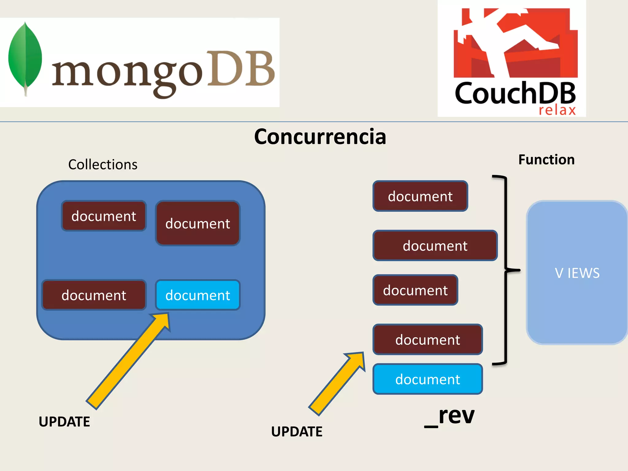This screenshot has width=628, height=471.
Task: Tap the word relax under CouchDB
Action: [557, 110]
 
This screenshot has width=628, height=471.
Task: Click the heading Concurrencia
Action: [320, 137]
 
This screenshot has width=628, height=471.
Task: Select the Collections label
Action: [103, 165]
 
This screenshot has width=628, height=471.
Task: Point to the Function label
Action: [546, 160]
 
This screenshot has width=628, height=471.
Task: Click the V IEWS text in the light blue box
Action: [577, 273]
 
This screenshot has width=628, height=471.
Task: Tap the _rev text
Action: [450, 416]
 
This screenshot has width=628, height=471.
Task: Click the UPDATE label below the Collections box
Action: [64, 422]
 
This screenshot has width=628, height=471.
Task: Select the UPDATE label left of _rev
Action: [297, 431]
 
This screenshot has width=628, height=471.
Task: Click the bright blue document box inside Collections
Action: [197, 295]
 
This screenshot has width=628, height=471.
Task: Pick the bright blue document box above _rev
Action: [427, 379]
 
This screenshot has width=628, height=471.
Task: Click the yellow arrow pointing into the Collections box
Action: [129, 360]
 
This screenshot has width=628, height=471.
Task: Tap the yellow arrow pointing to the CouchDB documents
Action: [337, 383]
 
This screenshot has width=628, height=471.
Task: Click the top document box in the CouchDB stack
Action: [420, 196]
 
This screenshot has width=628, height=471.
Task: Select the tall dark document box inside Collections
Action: [197, 223]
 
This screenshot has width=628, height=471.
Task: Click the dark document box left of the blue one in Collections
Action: [94, 295]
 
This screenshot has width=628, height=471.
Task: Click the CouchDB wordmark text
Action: [515, 93]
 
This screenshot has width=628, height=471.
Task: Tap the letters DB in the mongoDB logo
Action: [241, 69]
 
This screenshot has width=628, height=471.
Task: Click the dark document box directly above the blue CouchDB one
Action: [427, 339]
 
